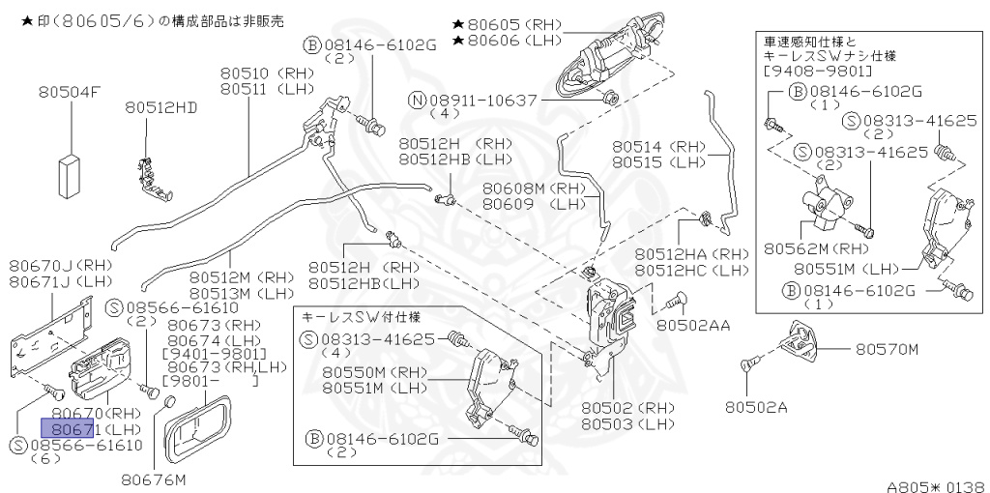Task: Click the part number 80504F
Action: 70,93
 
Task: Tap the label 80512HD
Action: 160,108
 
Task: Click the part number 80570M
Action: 886,349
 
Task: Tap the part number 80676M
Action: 154,478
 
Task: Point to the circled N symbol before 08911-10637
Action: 416,100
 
